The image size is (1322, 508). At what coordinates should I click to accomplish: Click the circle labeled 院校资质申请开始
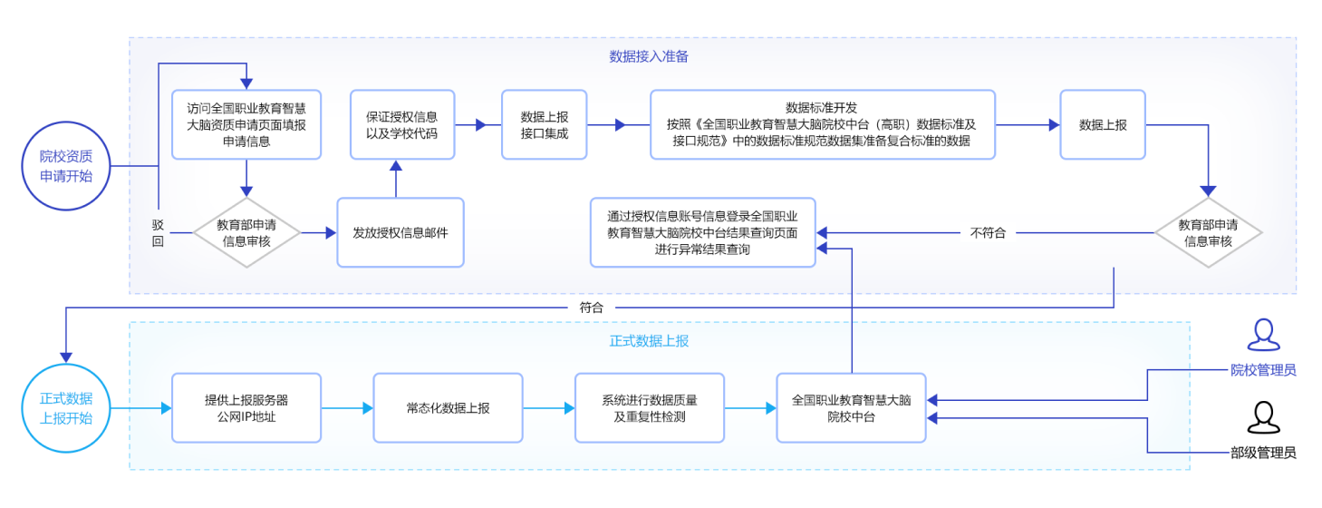tap(66, 165)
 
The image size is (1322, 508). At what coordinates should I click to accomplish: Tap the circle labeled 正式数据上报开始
tap(66, 408)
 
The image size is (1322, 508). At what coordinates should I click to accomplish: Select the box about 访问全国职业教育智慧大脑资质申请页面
tap(246, 125)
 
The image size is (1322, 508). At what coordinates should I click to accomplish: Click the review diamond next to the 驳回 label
tap(246, 233)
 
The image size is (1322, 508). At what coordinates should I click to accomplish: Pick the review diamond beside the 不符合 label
tap(1208, 233)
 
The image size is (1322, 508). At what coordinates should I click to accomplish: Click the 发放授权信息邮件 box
tap(400, 233)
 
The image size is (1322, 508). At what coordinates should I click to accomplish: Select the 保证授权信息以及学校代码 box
tap(401, 125)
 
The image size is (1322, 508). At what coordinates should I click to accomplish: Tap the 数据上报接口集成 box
tap(544, 125)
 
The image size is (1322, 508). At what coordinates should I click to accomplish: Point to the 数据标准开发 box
tap(822, 125)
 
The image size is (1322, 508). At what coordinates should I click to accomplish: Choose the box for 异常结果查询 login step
tap(702, 233)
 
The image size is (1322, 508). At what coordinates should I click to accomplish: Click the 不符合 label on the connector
tap(988, 233)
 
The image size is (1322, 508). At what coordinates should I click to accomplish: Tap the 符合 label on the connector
tap(591, 308)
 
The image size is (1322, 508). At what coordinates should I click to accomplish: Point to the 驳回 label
tap(159, 233)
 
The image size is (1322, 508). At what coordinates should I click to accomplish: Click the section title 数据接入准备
tap(649, 56)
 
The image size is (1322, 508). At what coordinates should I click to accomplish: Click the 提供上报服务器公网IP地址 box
tap(246, 408)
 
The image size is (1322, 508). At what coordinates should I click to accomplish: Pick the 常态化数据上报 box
tap(448, 408)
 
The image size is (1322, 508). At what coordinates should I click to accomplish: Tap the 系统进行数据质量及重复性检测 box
tap(650, 408)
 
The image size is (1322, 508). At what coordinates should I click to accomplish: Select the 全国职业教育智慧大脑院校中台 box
tap(851, 408)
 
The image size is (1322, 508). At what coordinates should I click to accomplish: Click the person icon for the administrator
tap(1263, 335)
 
